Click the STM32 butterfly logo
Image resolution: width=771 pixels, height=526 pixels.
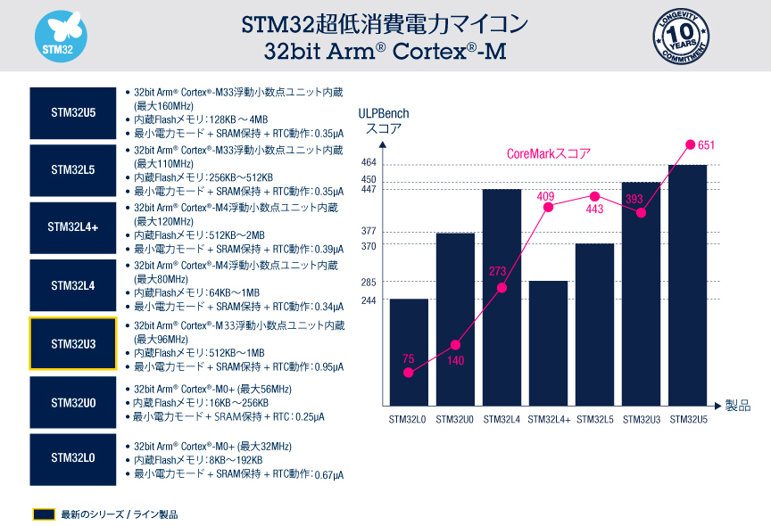[60, 37]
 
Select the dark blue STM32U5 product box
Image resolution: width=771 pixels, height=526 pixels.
[73, 113]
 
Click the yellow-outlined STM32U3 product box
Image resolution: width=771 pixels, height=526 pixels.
[73, 343]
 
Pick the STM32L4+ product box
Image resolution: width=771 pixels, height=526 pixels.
[73, 227]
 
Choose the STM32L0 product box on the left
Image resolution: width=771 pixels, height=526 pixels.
[73, 458]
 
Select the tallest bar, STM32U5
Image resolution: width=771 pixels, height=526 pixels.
[687, 285]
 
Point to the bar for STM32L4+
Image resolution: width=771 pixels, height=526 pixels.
[548, 343]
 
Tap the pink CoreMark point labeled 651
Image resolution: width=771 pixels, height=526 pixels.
[689, 144]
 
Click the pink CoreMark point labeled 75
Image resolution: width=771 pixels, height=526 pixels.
[409, 373]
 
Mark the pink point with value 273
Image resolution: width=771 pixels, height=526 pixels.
[502, 287]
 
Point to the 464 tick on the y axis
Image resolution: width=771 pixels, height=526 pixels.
[369, 163]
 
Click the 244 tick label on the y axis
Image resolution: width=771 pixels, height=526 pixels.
[369, 300]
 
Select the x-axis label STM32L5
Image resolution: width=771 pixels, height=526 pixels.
[594, 419]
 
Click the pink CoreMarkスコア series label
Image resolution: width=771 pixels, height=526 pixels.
[548, 153]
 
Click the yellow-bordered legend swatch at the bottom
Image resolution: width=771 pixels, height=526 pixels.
[45, 514]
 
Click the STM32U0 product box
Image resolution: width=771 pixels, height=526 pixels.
[73, 403]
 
